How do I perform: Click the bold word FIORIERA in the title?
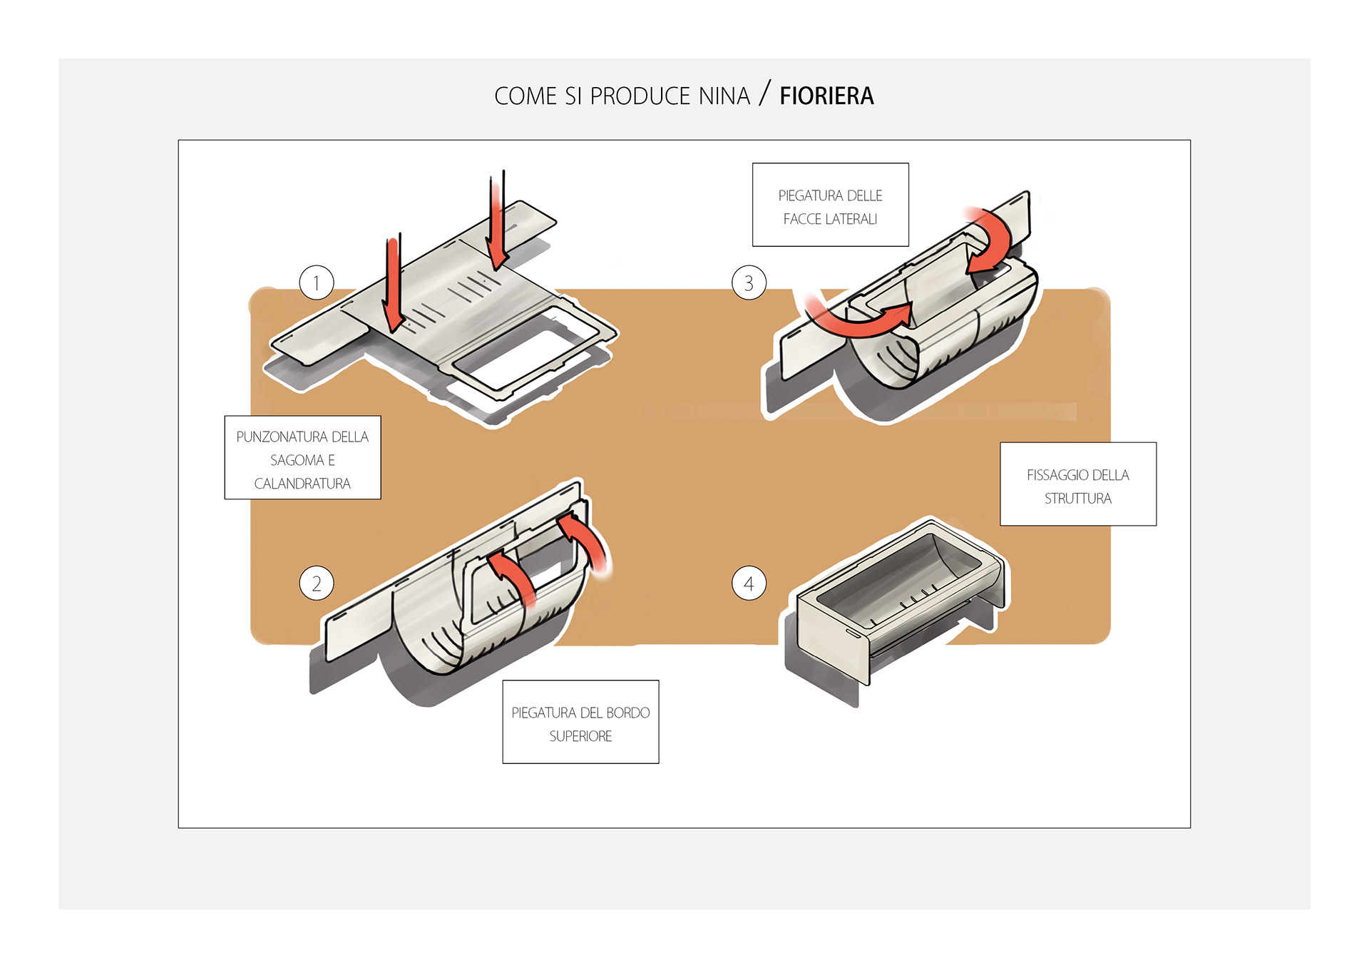point(826,96)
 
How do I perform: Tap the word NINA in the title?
point(724,96)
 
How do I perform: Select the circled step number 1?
point(317,283)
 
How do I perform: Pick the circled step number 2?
point(317,584)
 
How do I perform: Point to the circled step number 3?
point(749,283)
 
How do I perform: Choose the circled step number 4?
point(749,584)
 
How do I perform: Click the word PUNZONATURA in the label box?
point(282,437)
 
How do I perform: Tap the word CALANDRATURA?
point(302,484)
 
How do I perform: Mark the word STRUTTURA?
point(1077,499)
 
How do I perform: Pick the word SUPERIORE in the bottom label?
point(580,736)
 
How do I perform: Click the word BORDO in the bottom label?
point(627,713)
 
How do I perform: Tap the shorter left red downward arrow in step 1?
point(393,285)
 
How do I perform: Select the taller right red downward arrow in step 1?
point(498,221)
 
